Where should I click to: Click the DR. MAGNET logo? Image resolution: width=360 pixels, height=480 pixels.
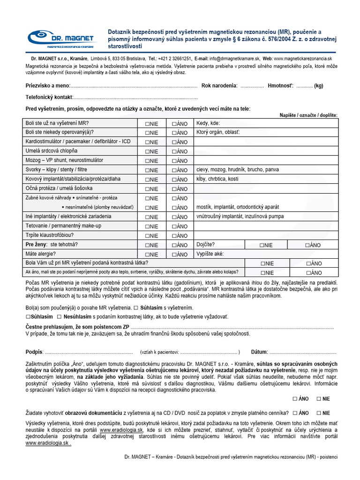click(x=60, y=38)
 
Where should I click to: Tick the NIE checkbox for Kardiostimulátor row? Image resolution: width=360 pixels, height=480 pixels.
click(x=147, y=142)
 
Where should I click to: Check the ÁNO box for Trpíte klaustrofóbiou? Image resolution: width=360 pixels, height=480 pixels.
click(x=174, y=236)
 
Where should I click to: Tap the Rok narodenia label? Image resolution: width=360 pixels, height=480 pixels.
click(x=219, y=86)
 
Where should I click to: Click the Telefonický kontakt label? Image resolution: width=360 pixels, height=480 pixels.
click(x=49, y=97)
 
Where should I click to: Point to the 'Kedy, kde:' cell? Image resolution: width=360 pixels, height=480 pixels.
click(x=208, y=123)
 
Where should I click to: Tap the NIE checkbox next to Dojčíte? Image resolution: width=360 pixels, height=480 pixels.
click(x=261, y=245)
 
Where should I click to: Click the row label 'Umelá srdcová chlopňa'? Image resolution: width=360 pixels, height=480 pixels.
click(x=52, y=151)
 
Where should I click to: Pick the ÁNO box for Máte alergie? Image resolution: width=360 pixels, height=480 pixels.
click(x=174, y=255)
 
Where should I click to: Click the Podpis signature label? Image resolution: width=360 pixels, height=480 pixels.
click(x=34, y=352)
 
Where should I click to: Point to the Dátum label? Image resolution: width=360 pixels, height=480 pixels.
click(x=259, y=352)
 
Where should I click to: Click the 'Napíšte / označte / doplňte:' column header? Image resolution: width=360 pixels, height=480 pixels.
click(x=308, y=115)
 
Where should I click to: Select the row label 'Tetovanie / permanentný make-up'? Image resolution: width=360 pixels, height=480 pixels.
click(x=63, y=226)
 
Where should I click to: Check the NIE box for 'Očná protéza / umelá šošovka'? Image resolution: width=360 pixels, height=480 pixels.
click(x=147, y=189)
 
